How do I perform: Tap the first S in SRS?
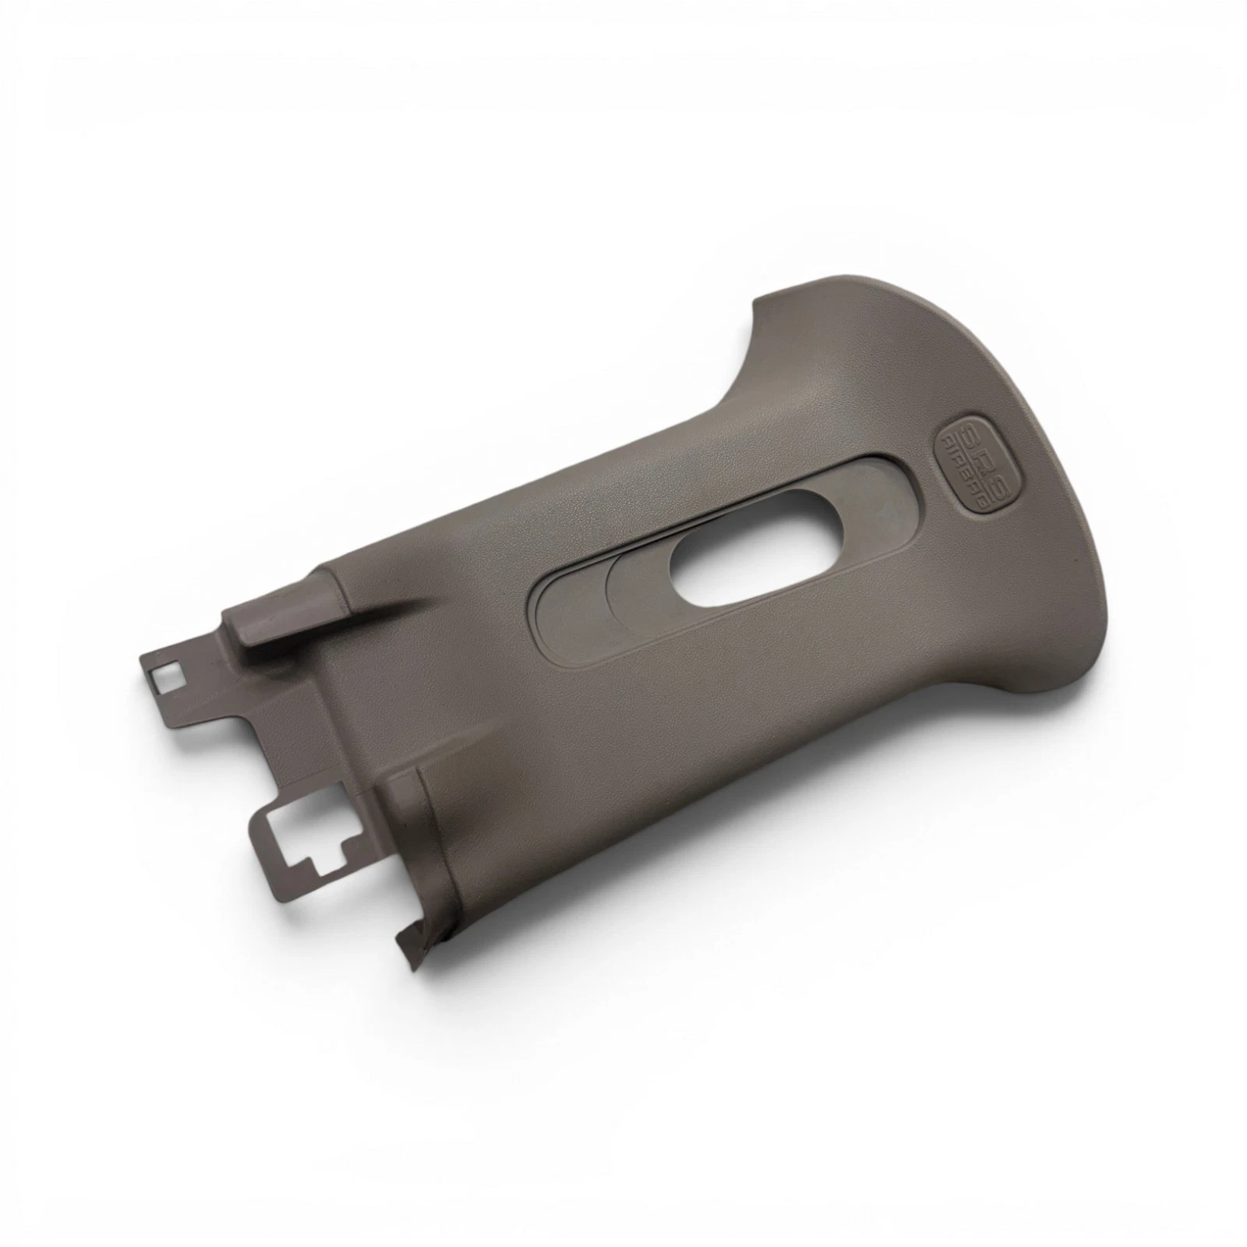point(954,436)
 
